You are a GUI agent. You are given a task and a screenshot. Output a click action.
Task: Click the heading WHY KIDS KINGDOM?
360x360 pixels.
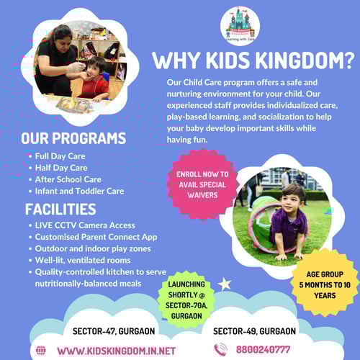254,60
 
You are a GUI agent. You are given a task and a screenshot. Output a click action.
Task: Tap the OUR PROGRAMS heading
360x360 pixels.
73,138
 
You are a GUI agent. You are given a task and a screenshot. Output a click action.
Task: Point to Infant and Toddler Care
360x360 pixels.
79,191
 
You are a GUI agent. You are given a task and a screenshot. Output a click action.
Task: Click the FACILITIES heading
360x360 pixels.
60,210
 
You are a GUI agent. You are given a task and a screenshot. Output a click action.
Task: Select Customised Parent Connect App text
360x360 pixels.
96,237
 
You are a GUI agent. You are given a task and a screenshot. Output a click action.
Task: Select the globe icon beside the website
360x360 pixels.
41,351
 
